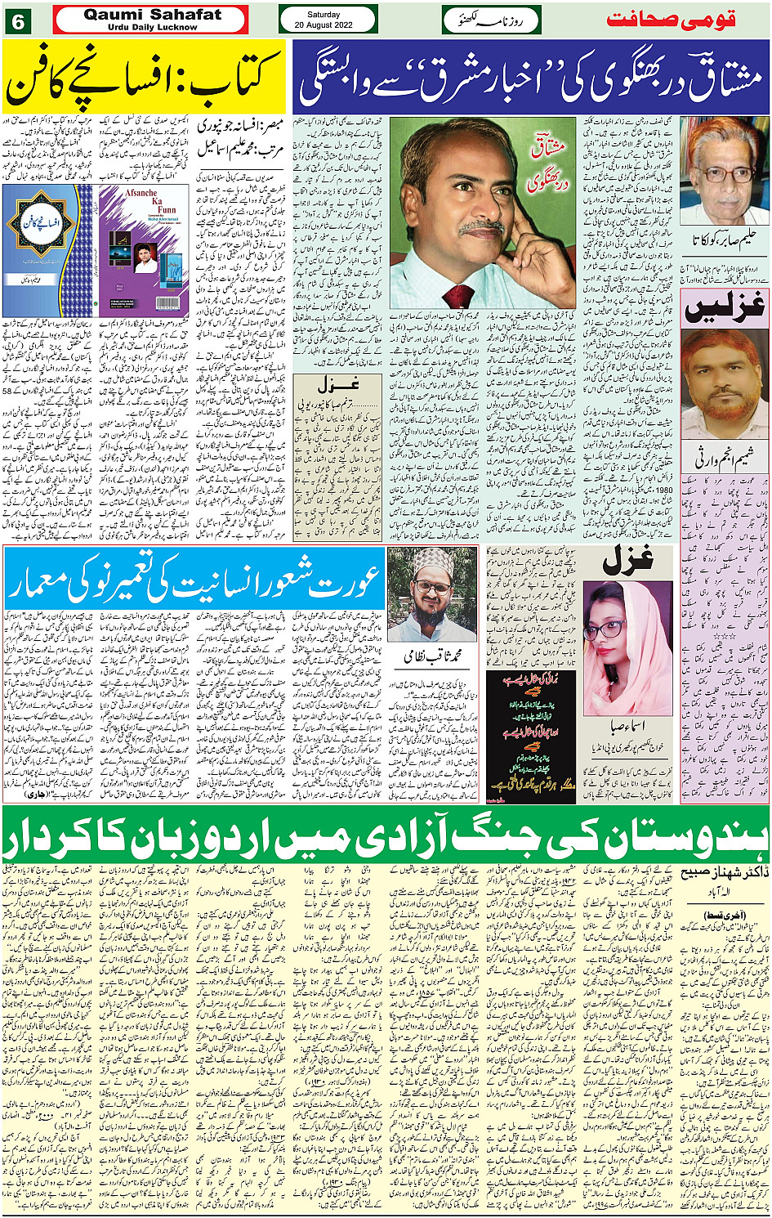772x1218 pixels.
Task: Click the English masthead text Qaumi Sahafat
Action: pyautogui.click(x=151, y=14)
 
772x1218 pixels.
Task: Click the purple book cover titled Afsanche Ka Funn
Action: pyautogui.click(x=144, y=249)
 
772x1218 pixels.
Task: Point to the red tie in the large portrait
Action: pyautogui.click(x=457, y=296)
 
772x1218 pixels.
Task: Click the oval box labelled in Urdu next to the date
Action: pyautogui.click(x=491, y=20)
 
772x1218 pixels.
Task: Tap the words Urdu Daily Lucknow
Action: pyautogui.click(x=152, y=27)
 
